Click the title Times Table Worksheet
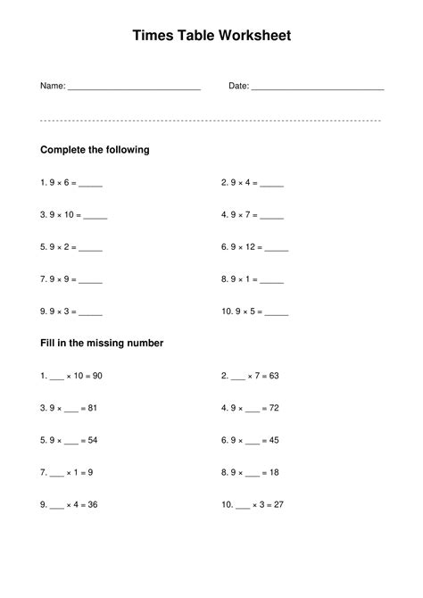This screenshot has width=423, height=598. pyautogui.click(x=211, y=37)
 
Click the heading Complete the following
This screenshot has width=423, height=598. pyautogui.click(x=95, y=150)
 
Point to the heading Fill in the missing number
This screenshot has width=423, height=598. pyautogui.click(x=102, y=343)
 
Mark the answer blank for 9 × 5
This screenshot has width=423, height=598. pyautogui.click(x=277, y=313)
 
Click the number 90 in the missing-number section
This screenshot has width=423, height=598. pyautogui.click(x=97, y=376)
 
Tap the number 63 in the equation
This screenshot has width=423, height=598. pyautogui.click(x=274, y=376)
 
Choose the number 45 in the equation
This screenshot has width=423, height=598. pyautogui.click(x=274, y=440)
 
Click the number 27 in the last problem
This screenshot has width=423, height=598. pyautogui.click(x=278, y=504)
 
